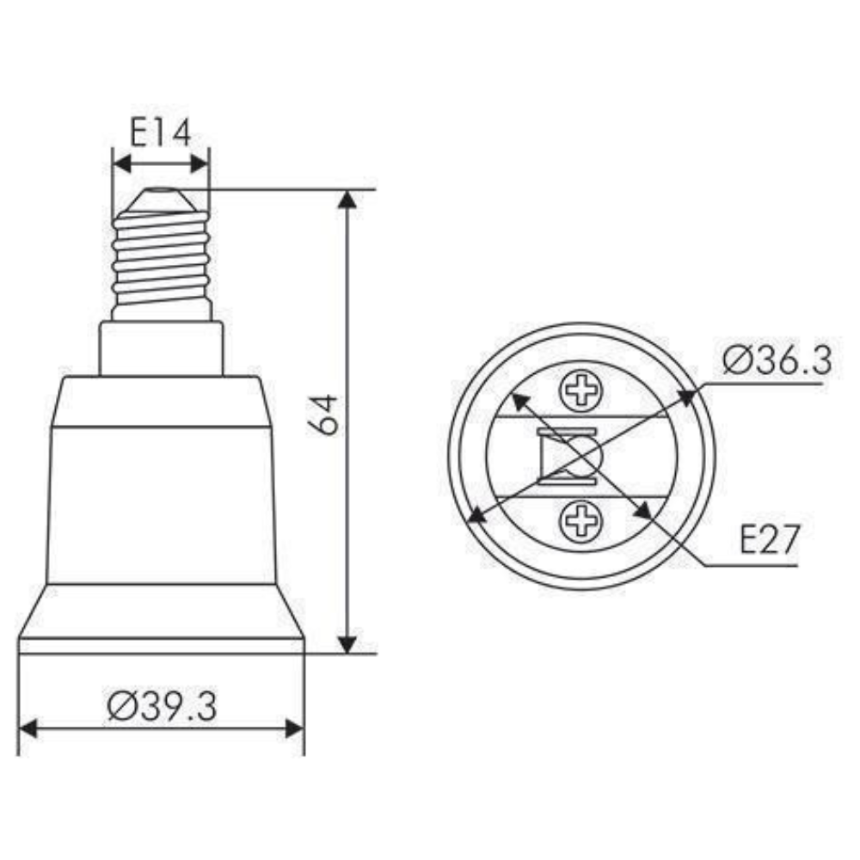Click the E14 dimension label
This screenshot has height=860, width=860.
[x=160, y=133]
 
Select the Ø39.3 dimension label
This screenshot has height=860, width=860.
[x=162, y=706]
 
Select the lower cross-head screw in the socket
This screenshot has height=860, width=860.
[x=581, y=520]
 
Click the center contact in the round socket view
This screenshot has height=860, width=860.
[x=581, y=455]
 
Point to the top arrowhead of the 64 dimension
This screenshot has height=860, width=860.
[x=347, y=200]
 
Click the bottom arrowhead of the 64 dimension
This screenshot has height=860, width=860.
[x=347, y=643]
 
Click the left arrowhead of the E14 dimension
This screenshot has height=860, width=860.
[x=121, y=163]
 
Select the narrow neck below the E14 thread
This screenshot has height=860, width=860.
[x=161, y=348]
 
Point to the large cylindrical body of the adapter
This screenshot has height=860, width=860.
[x=161, y=503]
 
